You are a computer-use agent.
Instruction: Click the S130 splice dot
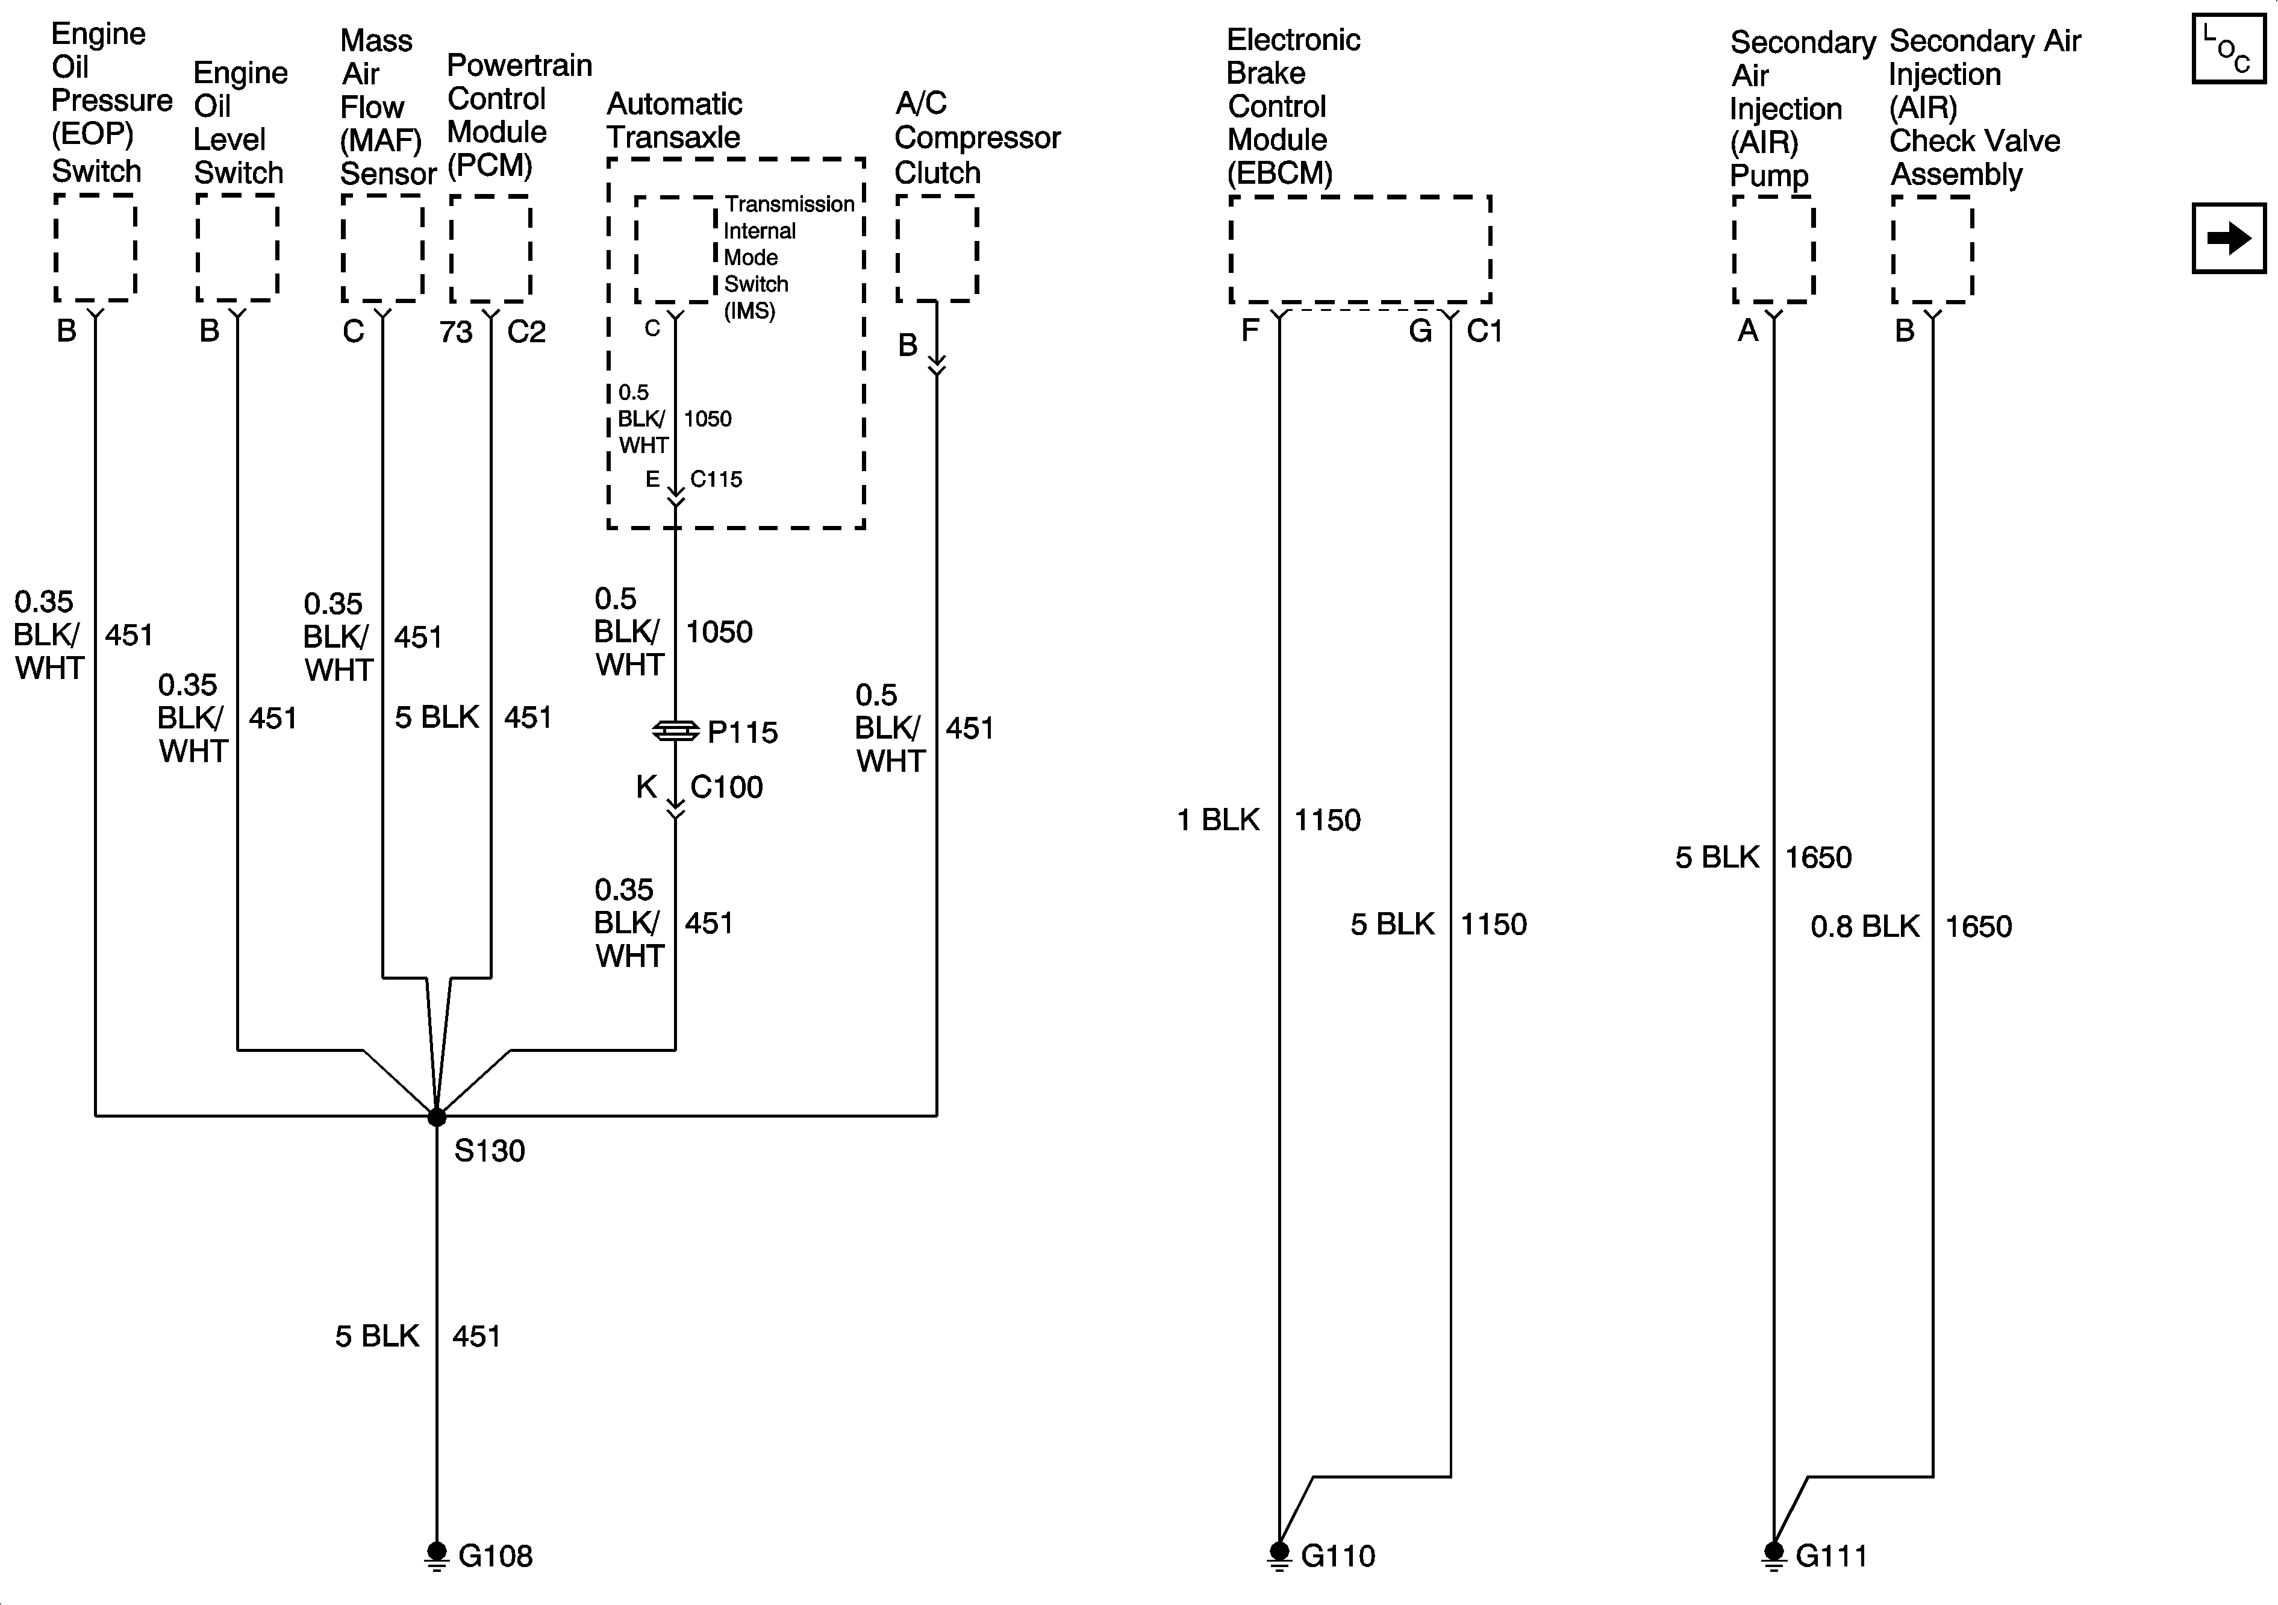pyautogui.click(x=437, y=1116)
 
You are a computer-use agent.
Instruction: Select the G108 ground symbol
pyautogui.click(x=437, y=1554)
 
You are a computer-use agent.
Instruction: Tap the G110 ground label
pyautogui.click(x=1337, y=1556)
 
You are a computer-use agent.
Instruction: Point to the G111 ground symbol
pyautogui.click(x=1773, y=1554)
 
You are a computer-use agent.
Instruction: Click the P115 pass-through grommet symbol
pyautogui.click(x=676, y=731)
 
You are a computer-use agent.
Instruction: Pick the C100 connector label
pyautogui.click(x=726, y=787)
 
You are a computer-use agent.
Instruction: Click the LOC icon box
pyautogui.click(x=2229, y=49)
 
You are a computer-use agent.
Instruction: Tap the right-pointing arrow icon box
pyautogui.click(x=2229, y=238)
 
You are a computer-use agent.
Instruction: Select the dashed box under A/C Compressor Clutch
pyautogui.click(x=937, y=248)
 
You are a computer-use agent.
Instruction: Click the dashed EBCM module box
pyautogui.click(x=1359, y=249)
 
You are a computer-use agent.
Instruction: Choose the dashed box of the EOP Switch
pyautogui.click(x=95, y=248)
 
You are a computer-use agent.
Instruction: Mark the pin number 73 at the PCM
pyautogui.click(x=457, y=331)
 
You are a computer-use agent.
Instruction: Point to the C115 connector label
pyautogui.click(x=716, y=480)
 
